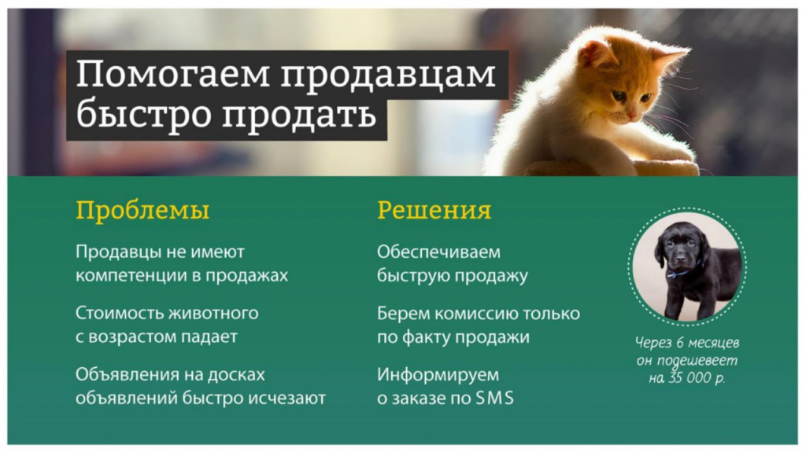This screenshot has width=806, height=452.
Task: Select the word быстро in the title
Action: (x=143, y=113)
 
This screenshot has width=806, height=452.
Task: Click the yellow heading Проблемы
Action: (x=142, y=211)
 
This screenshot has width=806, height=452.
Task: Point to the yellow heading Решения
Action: (x=434, y=210)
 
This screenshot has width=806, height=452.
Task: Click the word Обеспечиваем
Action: (x=438, y=252)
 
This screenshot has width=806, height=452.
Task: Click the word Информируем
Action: (x=438, y=375)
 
